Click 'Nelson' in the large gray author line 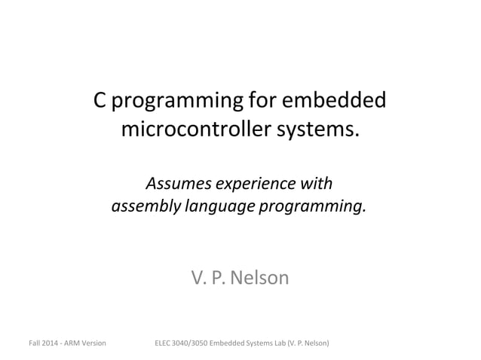(x=259, y=278)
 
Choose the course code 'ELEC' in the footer (x=163, y=343)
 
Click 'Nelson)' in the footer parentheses (x=316, y=343)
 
